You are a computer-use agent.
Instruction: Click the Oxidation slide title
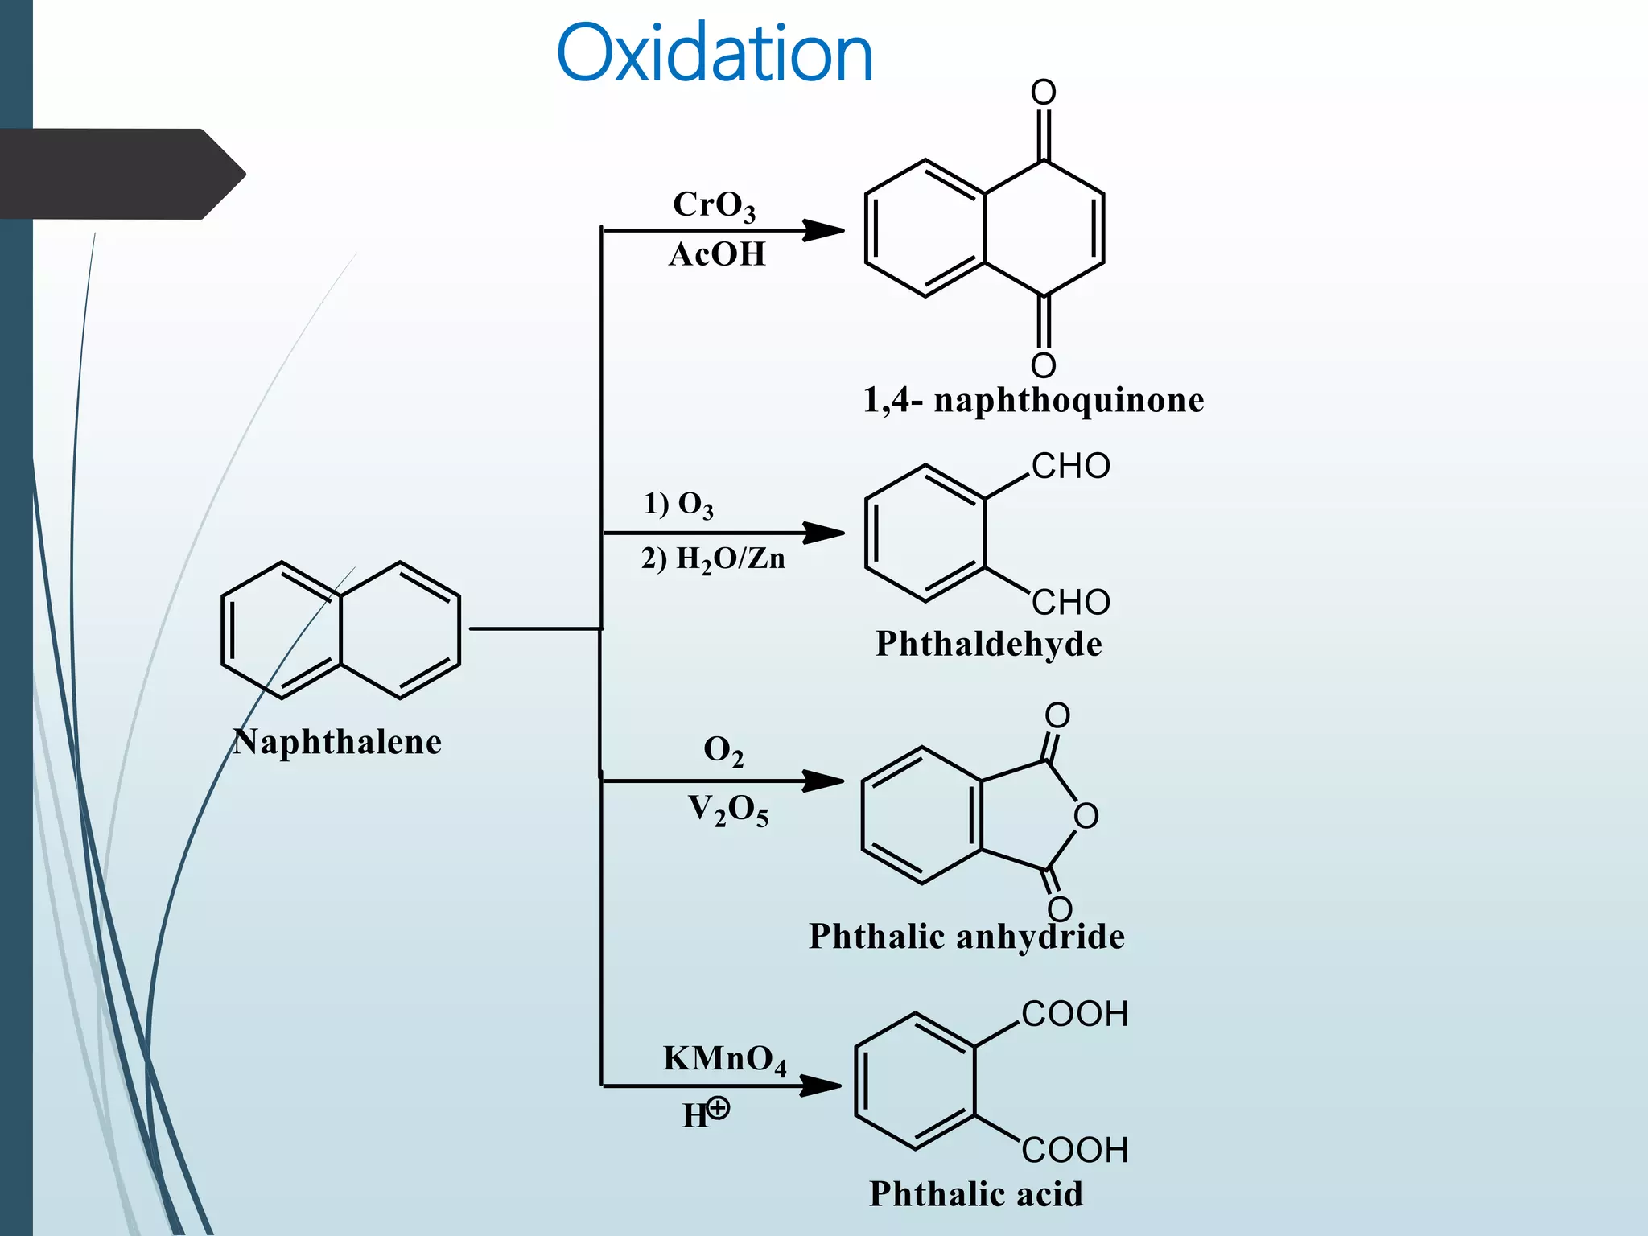point(714,54)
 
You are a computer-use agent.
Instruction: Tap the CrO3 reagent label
point(714,205)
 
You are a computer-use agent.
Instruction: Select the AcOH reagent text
point(717,254)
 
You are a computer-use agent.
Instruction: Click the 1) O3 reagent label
point(678,505)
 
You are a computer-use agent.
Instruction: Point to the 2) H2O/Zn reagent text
point(713,558)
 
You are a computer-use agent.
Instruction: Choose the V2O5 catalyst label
point(728,810)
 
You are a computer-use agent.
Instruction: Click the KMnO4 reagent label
point(724,1059)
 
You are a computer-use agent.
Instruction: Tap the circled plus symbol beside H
point(718,1108)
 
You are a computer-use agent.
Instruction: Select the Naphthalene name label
point(337,741)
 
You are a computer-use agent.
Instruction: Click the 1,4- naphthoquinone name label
point(1033,400)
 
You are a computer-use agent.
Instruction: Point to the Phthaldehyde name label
point(989,644)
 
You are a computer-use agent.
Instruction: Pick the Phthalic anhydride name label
point(966,936)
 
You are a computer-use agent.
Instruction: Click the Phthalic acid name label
point(976,1193)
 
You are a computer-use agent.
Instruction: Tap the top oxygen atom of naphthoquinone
point(1044,93)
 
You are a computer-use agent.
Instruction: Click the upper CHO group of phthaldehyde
point(1070,466)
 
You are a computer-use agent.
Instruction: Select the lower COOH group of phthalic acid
point(1074,1150)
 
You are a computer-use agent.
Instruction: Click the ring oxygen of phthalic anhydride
point(1086,816)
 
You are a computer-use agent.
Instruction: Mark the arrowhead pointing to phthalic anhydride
point(824,781)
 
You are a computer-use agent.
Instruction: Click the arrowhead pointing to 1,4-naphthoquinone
point(824,230)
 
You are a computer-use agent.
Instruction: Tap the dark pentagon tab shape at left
point(121,174)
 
